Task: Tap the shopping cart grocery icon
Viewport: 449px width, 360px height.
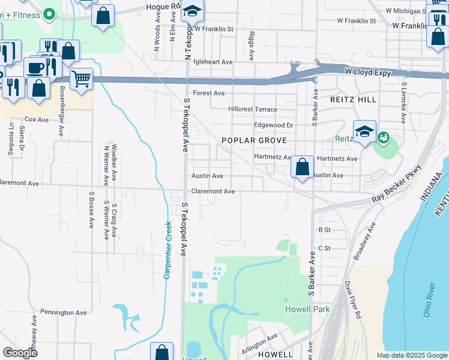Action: pos(81,79)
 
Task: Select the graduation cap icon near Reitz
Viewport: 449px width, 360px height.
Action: pos(364,132)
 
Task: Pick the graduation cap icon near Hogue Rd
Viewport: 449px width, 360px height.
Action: pos(193,12)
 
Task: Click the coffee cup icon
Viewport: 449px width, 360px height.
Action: pos(35,68)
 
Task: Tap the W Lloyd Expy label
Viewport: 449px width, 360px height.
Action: pos(367,73)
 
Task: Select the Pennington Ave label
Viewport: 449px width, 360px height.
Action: pos(64,313)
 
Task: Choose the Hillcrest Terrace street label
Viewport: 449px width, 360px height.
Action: pos(253,109)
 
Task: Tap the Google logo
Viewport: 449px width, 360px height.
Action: pos(20,353)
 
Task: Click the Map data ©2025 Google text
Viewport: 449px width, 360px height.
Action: pos(411,355)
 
